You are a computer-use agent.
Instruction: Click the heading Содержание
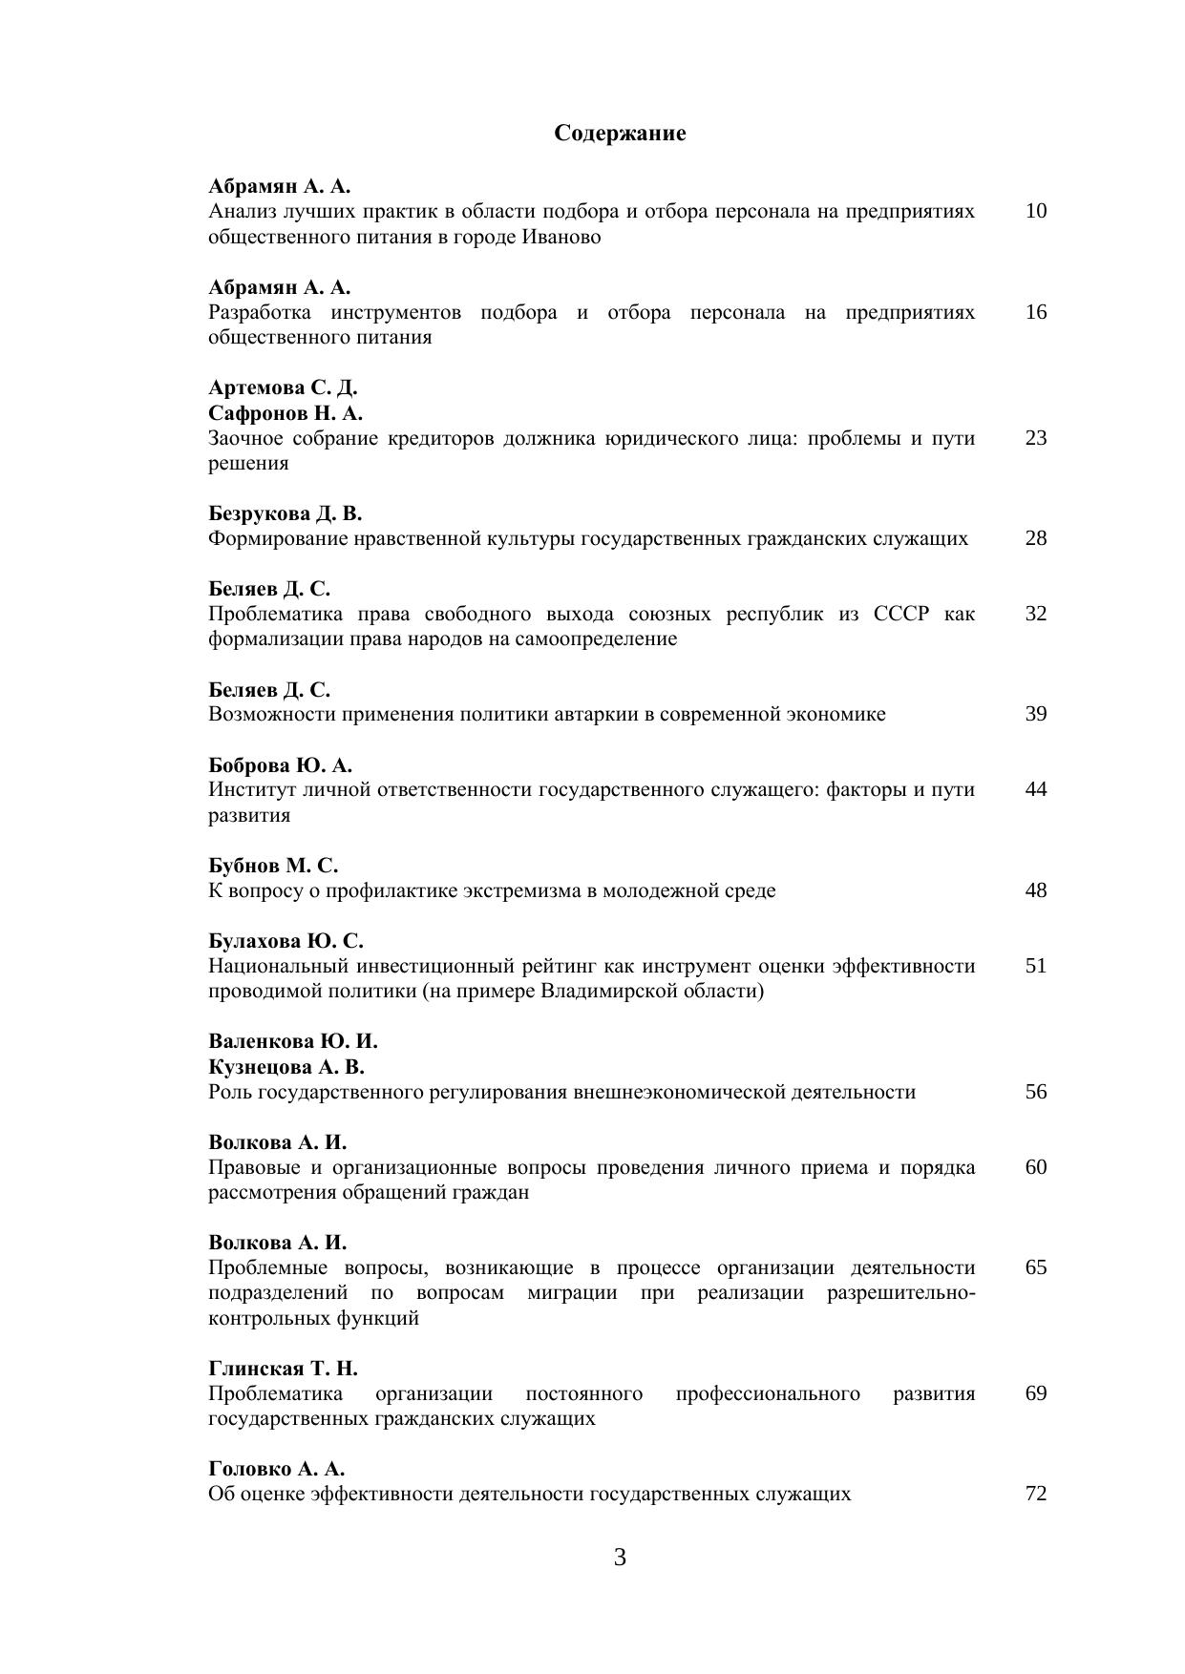(x=620, y=134)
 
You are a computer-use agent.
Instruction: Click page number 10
(x=1036, y=211)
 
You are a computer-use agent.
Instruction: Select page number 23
(x=1036, y=438)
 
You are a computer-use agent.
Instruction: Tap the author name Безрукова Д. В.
(x=286, y=513)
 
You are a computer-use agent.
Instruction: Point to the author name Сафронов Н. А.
(x=286, y=413)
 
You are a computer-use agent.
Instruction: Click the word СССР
(x=900, y=614)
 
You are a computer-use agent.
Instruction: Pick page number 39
(x=1036, y=714)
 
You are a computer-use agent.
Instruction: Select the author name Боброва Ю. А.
(x=281, y=765)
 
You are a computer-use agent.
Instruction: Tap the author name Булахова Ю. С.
(x=286, y=941)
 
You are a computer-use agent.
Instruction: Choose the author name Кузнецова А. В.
(x=286, y=1066)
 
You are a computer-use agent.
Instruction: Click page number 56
(x=1036, y=1092)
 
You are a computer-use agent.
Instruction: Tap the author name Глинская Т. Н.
(x=283, y=1369)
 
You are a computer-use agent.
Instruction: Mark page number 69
(x=1036, y=1393)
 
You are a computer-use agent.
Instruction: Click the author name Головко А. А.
(x=277, y=1469)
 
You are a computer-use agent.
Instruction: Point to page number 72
(x=1036, y=1494)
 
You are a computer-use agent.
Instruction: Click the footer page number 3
(x=620, y=1559)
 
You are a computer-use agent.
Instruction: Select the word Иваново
(x=561, y=237)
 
